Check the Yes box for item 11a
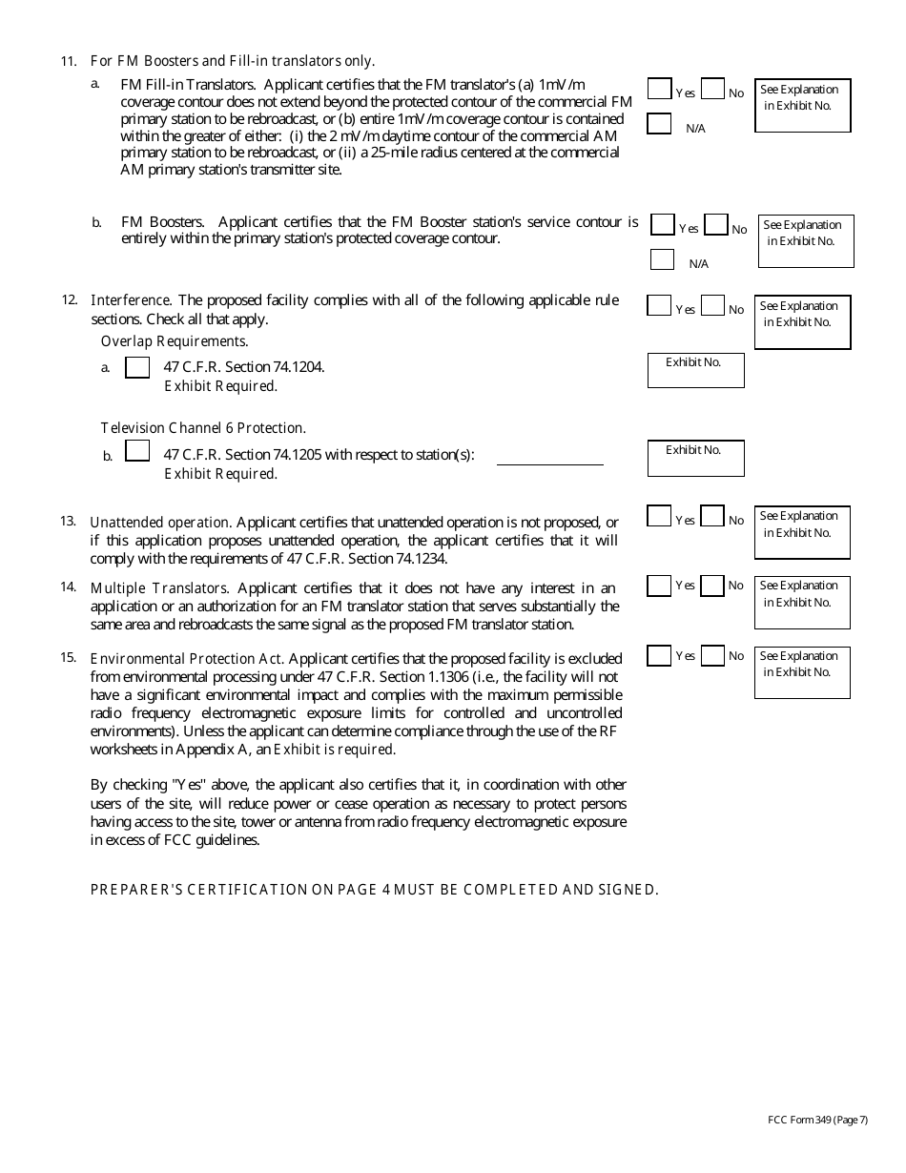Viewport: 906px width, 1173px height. click(x=659, y=89)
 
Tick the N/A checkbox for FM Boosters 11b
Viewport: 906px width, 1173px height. click(x=662, y=259)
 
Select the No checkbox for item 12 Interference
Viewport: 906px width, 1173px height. click(x=711, y=306)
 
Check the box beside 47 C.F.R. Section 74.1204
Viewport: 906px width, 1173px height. click(x=137, y=367)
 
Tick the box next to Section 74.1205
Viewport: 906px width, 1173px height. click(x=137, y=450)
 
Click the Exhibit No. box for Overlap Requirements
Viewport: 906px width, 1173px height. click(x=695, y=370)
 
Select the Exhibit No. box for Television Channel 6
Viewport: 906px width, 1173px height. click(x=695, y=458)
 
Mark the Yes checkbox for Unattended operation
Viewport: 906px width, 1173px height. click(x=658, y=516)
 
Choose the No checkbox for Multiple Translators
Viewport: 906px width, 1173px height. click(x=711, y=586)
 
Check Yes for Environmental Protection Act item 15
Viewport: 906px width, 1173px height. click(x=658, y=656)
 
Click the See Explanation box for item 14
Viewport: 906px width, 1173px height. click(x=801, y=602)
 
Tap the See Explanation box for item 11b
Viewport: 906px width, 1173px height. click(x=806, y=240)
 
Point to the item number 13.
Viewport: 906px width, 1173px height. click(x=68, y=521)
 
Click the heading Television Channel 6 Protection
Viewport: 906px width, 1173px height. click(x=203, y=428)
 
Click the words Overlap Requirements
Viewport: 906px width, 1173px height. click(x=175, y=341)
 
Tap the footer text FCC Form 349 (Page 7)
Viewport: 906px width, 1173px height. click(x=816, y=1120)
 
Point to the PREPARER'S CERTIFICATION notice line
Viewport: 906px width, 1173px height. click(x=374, y=890)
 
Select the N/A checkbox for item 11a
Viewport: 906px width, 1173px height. click(x=659, y=123)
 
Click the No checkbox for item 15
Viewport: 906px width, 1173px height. click(x=711, y=656)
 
